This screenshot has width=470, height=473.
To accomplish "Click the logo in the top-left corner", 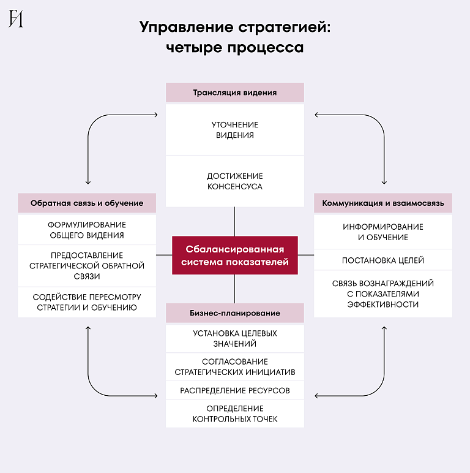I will [16, 19].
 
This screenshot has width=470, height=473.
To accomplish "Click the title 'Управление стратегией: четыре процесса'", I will [234, 37].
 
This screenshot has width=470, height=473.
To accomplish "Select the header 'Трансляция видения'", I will [235, 93].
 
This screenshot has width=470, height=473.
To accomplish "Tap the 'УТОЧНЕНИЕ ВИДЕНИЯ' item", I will [235, 130].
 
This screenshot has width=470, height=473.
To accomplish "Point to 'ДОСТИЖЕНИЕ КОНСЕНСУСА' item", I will [235, 181].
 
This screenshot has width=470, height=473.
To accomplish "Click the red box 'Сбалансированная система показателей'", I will [235, 255].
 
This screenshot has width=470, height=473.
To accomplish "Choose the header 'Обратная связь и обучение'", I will [87, 203].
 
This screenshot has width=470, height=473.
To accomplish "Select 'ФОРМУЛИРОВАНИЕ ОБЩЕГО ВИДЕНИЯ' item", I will [87, 230].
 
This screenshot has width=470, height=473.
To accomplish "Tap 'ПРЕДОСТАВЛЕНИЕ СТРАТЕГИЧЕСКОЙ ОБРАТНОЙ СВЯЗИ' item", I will [87, 266].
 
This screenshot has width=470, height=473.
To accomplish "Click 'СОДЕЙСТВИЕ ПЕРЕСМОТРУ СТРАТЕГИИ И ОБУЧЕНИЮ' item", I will [87, 302].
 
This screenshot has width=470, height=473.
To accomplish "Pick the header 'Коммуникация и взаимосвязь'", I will [383, 203].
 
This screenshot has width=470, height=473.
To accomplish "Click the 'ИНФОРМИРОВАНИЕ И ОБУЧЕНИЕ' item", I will [383, 232].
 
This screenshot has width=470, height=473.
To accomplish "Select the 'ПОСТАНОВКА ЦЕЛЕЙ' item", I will [383, 260].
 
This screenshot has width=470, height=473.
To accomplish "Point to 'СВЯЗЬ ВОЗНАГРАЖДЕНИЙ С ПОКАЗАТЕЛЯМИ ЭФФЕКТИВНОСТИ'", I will [383, 293].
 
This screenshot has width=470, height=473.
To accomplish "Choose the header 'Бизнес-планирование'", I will [235, 313].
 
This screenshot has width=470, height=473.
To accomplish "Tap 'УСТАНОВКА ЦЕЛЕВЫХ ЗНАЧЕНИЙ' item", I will [235, 338].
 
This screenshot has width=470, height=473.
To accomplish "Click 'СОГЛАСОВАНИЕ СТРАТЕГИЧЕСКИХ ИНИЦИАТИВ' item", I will [235, 366].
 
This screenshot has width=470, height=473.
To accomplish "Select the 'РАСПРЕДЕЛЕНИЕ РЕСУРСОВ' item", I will [235, 390].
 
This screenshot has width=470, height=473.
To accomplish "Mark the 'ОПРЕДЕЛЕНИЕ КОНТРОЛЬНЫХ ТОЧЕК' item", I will [235, 414].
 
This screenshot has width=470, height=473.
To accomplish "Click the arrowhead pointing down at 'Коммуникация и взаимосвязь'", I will [384, 182].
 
